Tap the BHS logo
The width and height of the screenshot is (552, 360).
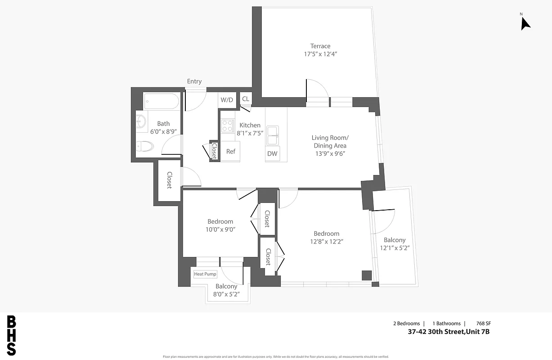tap(12, 336)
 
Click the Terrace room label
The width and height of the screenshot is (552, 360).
tap(320, 46)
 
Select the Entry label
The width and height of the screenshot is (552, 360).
tap(194, 81)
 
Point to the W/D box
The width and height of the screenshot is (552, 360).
tap(227, 100)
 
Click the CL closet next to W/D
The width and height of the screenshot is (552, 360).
tap(246, 99)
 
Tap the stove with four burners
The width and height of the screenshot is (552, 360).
tap(227, 125)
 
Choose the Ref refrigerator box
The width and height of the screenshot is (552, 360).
tap(230, 151)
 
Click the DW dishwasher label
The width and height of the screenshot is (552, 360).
tap(272, 153)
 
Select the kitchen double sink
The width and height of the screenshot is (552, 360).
tap(272, 135)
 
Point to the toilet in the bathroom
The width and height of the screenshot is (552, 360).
tap(145, 146)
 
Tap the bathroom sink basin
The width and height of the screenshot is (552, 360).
tap(141, 121)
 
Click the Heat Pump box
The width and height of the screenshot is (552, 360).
tap(205, 274)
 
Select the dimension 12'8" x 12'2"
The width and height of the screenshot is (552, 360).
tap(327, 241)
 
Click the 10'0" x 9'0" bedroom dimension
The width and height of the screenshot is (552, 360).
tap(220, 229)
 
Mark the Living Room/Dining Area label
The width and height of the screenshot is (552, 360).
tap(330, 141)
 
